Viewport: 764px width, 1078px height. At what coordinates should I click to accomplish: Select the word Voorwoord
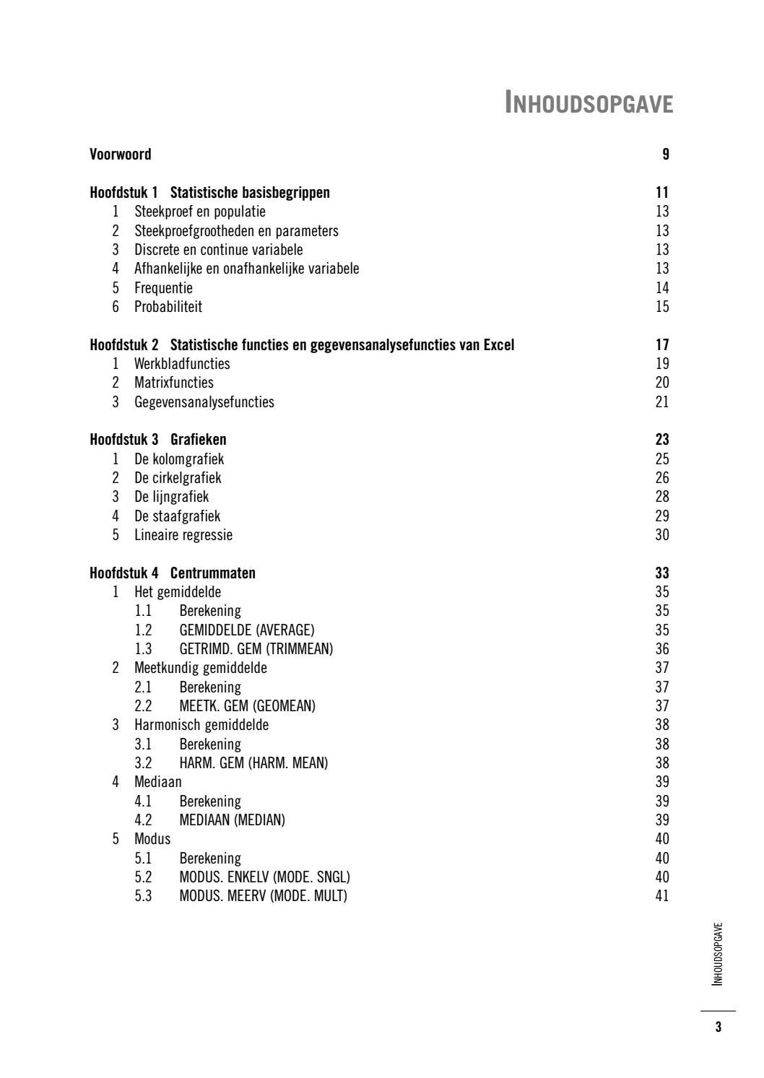121,154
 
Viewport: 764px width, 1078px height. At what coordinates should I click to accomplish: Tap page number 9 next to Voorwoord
665,154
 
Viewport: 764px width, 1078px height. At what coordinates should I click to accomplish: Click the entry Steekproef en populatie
200,212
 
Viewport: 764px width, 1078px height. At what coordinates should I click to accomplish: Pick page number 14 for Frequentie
662,288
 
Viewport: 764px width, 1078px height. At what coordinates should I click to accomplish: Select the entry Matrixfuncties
174,383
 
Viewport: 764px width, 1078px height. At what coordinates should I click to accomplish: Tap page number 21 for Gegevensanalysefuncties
662,402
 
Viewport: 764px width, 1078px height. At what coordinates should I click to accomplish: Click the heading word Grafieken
199,440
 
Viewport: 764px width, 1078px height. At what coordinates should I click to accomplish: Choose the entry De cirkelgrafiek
178,478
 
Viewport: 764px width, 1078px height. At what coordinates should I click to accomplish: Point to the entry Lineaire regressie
183,535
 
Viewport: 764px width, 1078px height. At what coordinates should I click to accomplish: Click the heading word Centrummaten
213,573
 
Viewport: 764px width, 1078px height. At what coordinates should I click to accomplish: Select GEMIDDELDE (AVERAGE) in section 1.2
247,630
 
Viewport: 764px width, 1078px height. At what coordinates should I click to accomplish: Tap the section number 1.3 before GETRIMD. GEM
143,649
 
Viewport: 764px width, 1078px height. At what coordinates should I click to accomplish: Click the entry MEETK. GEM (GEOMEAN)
247,706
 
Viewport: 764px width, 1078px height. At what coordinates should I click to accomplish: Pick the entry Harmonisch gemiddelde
201,725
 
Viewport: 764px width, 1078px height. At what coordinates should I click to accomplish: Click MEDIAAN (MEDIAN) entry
233,820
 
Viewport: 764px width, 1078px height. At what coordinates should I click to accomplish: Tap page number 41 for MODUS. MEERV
662,896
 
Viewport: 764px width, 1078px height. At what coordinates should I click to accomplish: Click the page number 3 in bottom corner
718,1027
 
